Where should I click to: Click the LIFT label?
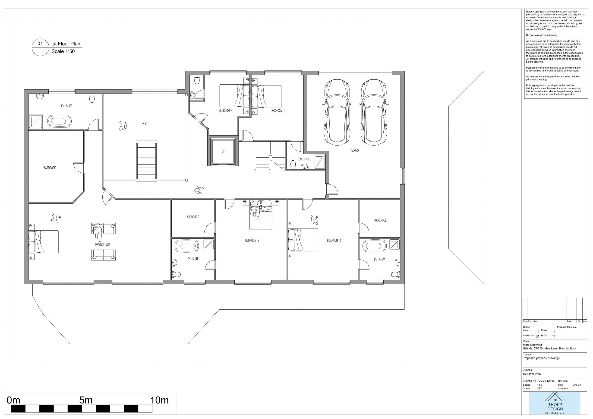pos(224,151)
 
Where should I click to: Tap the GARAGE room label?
pos(355,151)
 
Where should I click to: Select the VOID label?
pos(145,124)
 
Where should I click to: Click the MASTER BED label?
pos(103,244)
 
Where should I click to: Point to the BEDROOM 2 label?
pos(252,241)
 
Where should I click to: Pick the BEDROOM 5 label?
pos(278,111)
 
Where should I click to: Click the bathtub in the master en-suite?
pos(59,121)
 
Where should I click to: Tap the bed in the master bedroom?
pos(43,242)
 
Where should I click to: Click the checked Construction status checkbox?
pos(537,336)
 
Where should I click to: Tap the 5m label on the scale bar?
pos(86,400)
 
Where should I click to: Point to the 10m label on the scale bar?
pos(159,400)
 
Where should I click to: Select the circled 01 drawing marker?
pos(40,47)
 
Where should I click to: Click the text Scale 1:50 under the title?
pos(63,51)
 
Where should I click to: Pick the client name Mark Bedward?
pos(532,345)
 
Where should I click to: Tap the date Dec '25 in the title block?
pos(577,385)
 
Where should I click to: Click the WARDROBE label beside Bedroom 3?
pos(380,220)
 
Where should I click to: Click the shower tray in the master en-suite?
pos(35,121)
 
